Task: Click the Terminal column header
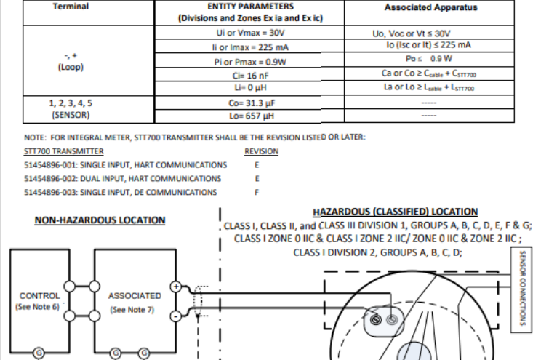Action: (x=71, y=7)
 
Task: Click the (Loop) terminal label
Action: (x=71, y=66)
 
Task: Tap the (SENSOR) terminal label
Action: (x=71, y=114)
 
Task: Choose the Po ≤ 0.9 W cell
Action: (x=430, y=58)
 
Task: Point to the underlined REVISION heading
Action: (x=262, y=151)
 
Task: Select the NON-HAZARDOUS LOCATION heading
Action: (x=100, y=220)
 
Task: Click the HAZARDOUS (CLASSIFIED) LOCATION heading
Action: (x=396, y=212)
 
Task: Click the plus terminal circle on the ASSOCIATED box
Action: (x=175, y=287)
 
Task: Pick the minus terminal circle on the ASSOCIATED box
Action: (x=175, y=316)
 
